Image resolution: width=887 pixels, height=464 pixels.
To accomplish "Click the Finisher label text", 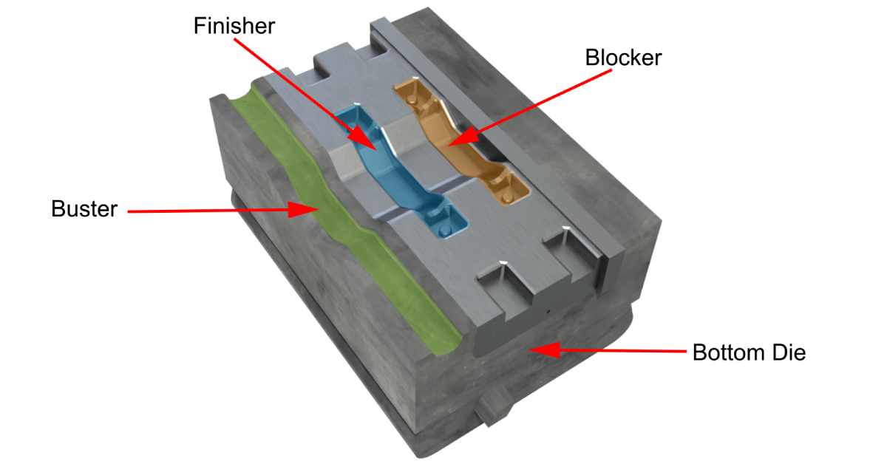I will [x=234, y=26].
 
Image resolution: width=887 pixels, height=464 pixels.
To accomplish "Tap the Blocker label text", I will [x=623, y=58].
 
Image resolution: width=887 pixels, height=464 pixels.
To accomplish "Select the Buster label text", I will [x=84, y=209].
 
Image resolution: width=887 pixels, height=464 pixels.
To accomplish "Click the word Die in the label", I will [x=787, y=352].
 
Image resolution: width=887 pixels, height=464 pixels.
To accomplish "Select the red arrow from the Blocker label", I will [x=517, y=106].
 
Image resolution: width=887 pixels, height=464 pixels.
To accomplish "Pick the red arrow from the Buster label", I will [x=222, y=211].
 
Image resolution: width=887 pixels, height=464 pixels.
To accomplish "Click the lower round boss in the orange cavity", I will [x=507, y=199].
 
